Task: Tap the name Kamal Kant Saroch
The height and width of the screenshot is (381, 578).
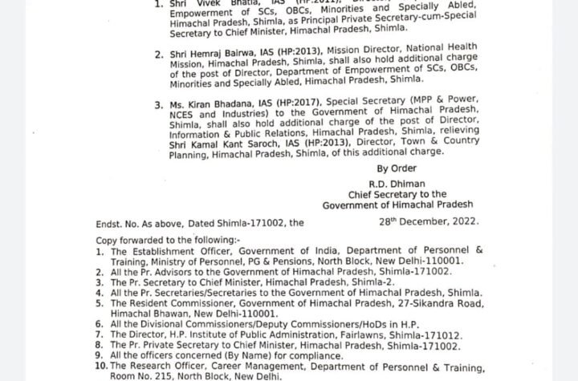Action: tap(233, 143)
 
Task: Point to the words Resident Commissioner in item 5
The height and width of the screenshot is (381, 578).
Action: tap(181, 305)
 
